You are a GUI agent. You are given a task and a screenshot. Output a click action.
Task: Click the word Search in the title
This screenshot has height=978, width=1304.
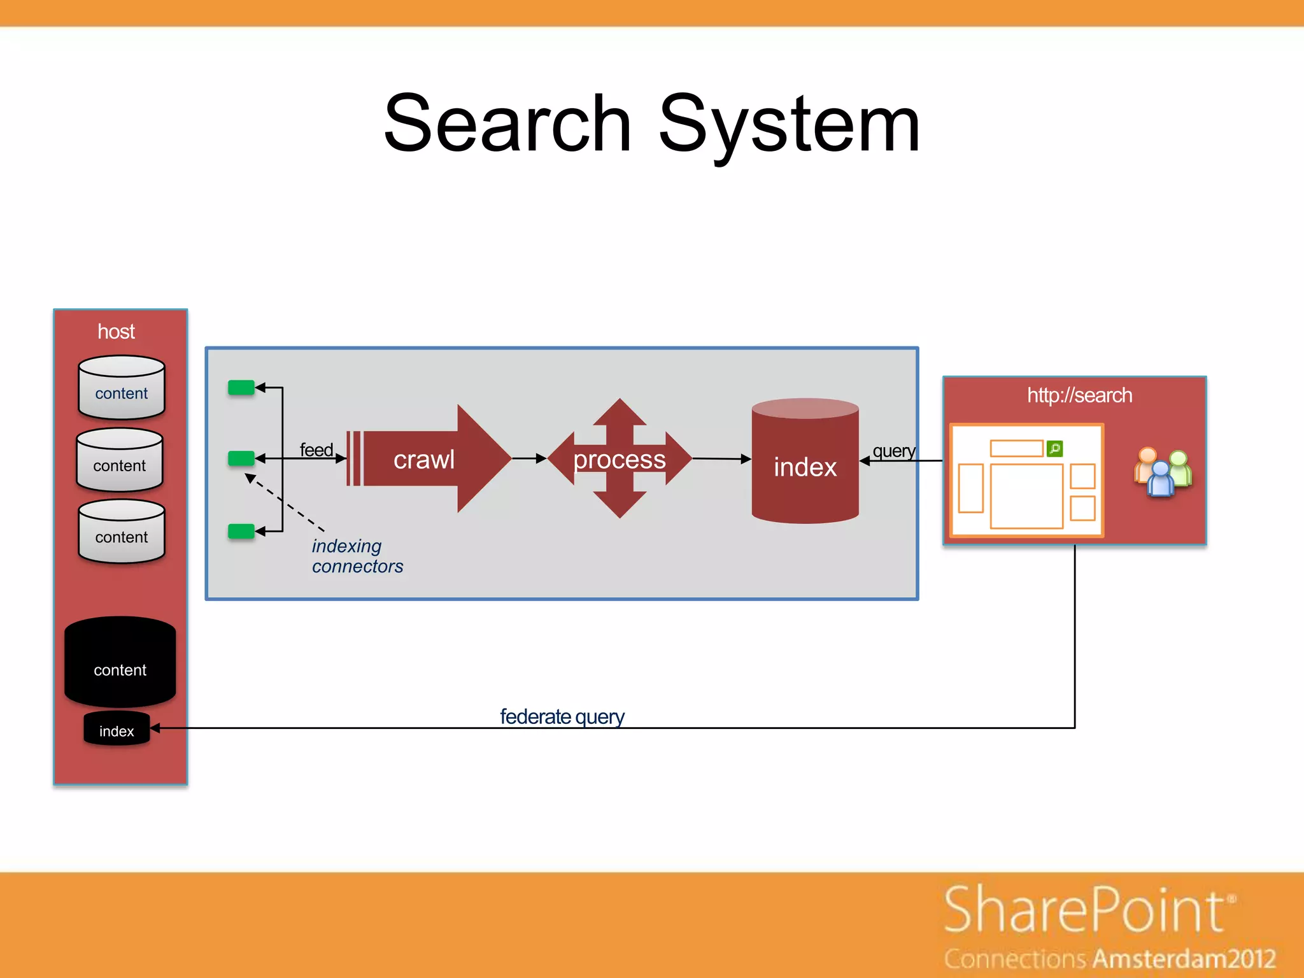click(x=507, y=124)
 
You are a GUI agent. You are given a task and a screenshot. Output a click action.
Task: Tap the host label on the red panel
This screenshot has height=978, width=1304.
click(x=116, y=332)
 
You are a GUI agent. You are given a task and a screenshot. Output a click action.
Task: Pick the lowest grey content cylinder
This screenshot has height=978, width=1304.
click(x=121, y=532)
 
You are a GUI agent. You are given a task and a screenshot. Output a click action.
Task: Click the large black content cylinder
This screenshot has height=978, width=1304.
click(x=120, y=662)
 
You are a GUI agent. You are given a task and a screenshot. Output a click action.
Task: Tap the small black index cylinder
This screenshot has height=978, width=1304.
click(x=117, y=730)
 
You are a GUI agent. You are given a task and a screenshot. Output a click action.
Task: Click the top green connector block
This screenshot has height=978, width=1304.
click(x=241, y=387)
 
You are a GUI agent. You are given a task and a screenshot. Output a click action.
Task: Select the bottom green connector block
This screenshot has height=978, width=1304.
click(x=241, y=531)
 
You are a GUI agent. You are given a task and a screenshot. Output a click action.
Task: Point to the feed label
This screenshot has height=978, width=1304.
click(x=316, y=450)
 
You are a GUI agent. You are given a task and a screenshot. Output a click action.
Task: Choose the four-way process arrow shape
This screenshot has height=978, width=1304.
click(x=620, y=458)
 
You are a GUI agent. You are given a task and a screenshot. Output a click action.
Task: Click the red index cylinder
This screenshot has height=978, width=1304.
click(x=805, y=462)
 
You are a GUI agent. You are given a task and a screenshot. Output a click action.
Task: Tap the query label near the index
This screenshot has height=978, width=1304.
click(x=893, y=451)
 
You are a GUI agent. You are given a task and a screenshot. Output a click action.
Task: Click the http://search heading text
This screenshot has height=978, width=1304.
click(x=1079, y=395)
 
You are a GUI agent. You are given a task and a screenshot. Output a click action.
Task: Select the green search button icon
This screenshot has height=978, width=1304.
click(x=1054, y=449)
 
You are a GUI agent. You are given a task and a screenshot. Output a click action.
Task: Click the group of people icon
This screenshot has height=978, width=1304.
click(x=1162, y=472)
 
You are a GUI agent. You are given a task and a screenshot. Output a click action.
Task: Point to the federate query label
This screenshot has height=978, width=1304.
click(x=562, y=716)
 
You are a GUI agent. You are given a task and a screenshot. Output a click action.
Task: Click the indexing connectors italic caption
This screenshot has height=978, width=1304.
click(x=357, y=556)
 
